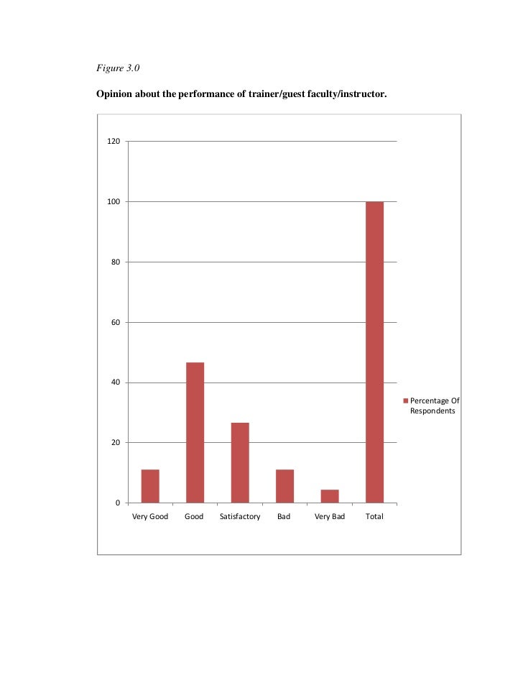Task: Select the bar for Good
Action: tap(195, 432)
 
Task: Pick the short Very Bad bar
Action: tap(330, 495)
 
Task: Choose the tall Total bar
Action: tap(374, 352)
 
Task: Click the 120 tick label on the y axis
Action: tap(114, 142)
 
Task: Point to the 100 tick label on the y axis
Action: tap(114, 202)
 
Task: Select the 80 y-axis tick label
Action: tap(115, 262)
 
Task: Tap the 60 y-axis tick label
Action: tap(115, 322)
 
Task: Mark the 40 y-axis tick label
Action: tap(115, 382)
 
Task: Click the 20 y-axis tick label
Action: tap(115, 443)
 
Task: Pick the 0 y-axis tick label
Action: tap(118, 503)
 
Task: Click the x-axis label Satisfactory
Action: tap(239, 517)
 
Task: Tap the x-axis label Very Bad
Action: tap(330, 517)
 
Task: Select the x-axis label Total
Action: tap(374, 517)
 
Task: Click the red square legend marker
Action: tap(405, 400)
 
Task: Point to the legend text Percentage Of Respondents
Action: tap(434, 406)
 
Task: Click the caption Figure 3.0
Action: tap(116, 68)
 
